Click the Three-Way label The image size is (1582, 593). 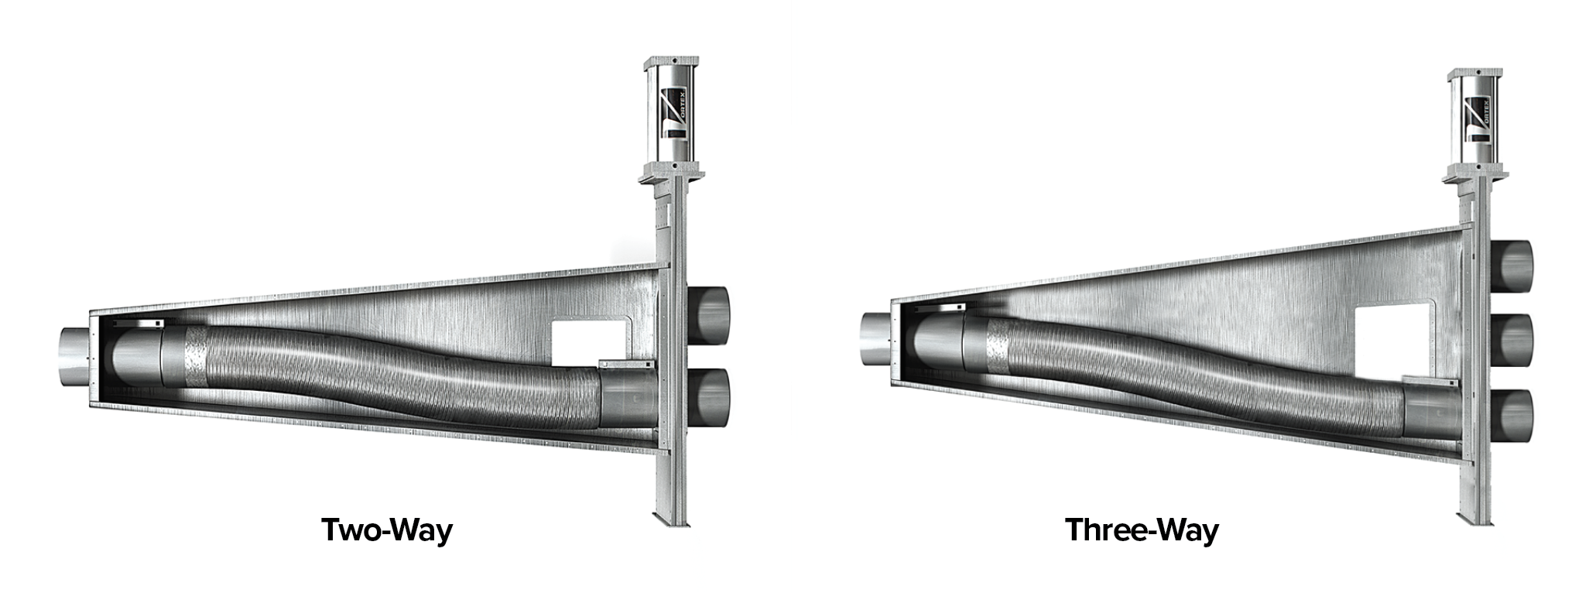tap(1142, 530)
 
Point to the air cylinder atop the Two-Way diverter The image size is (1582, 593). tap(670, 111)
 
